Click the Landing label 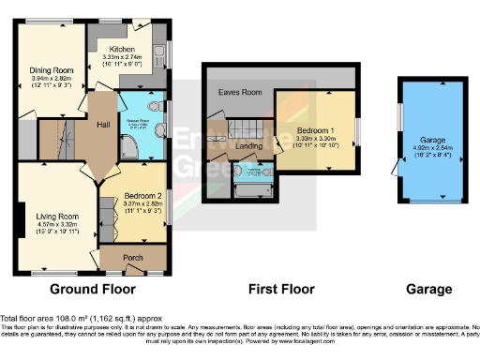[248, 144]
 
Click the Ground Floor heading [92, 289]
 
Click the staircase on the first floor [246, 126]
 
